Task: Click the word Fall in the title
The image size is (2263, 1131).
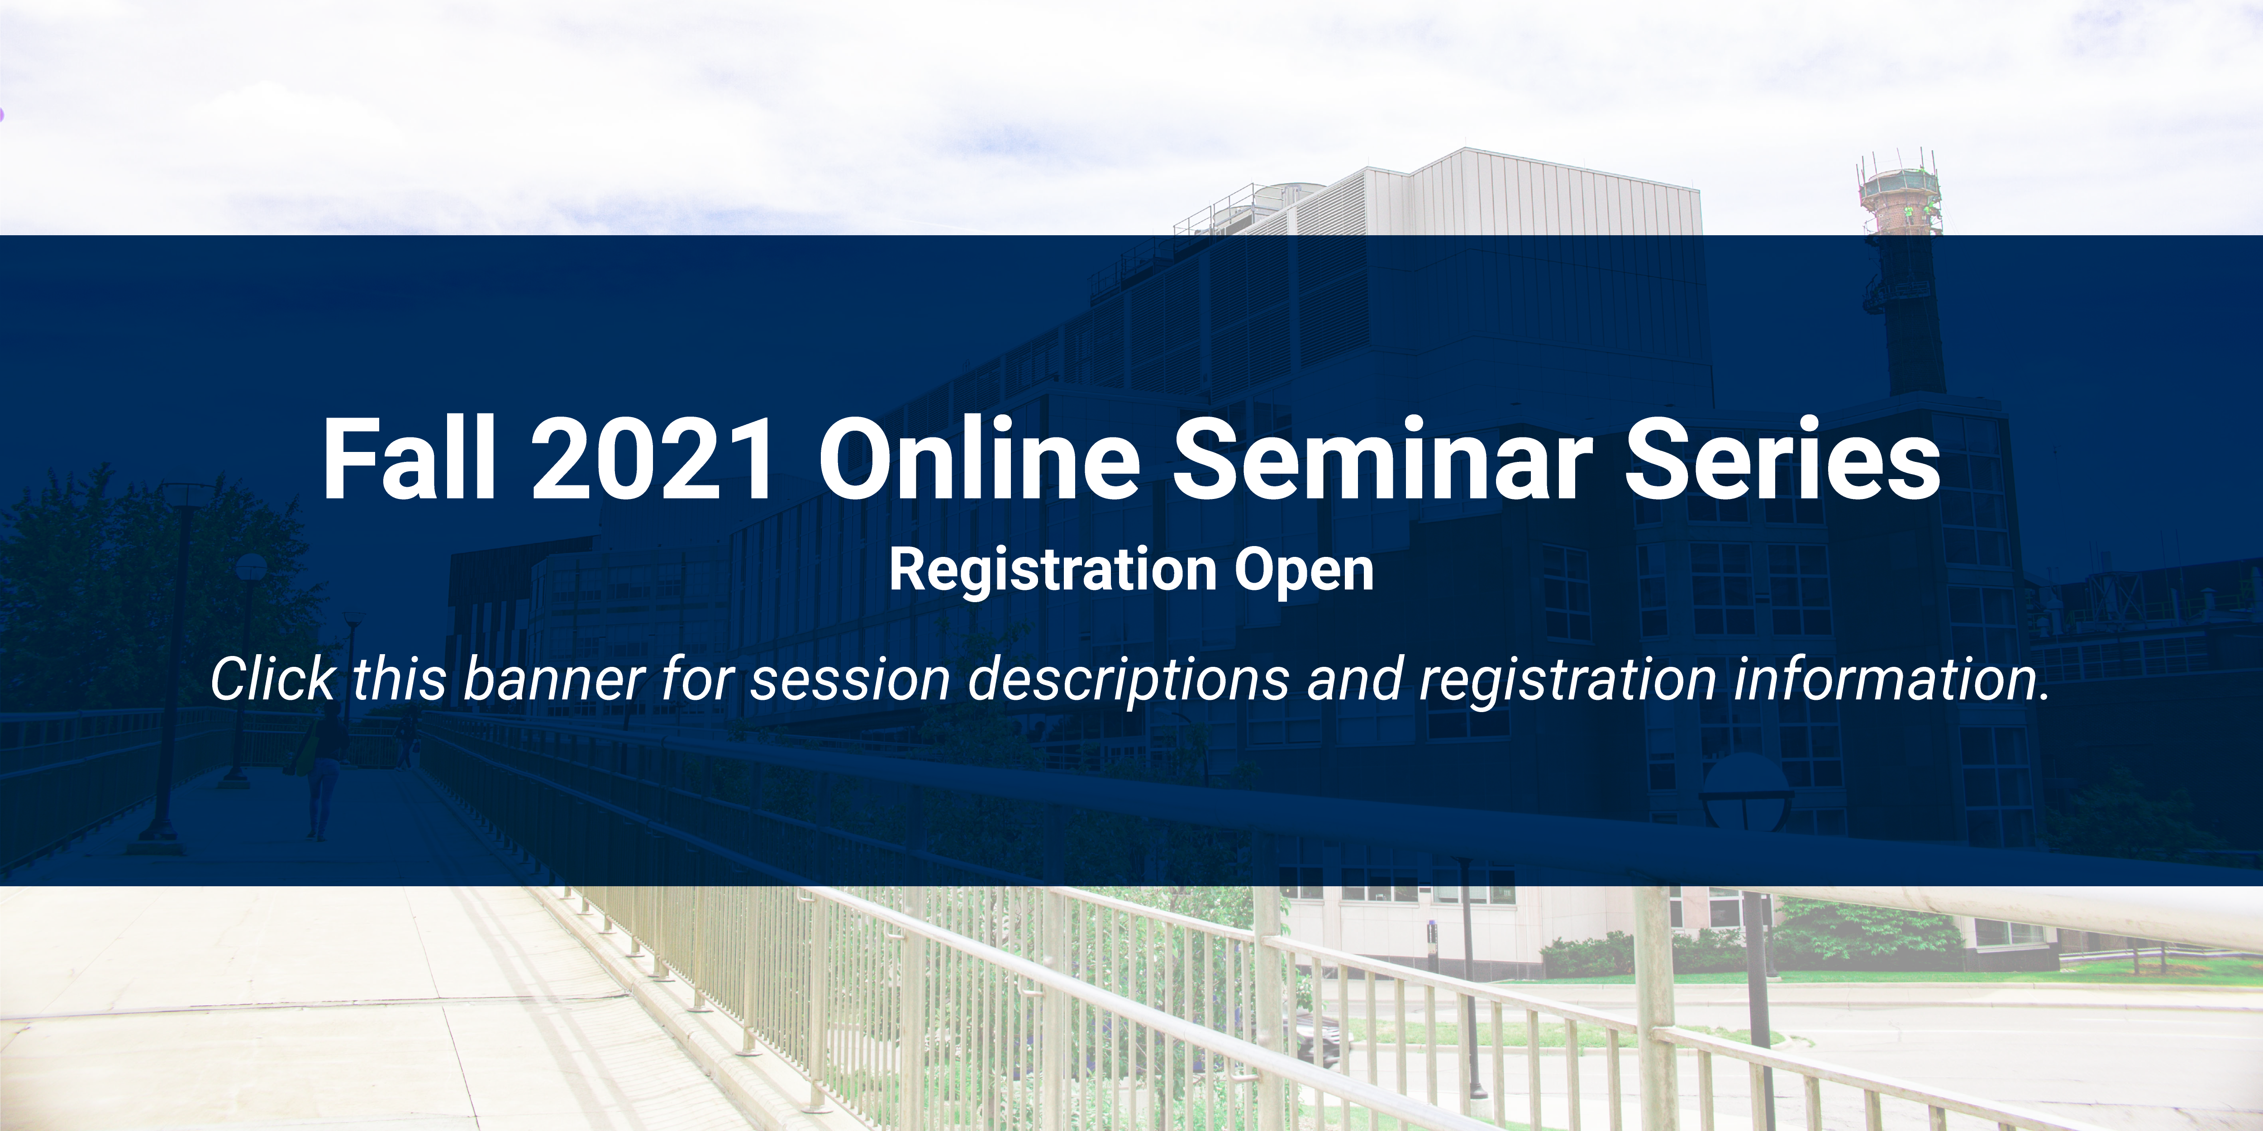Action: pyautogui.click(x=410, y=458)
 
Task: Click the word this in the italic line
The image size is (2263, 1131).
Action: pyautogui.click(x=400, y=679)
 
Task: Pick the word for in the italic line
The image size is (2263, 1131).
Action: pyautogui.click(x=697, y=679)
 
